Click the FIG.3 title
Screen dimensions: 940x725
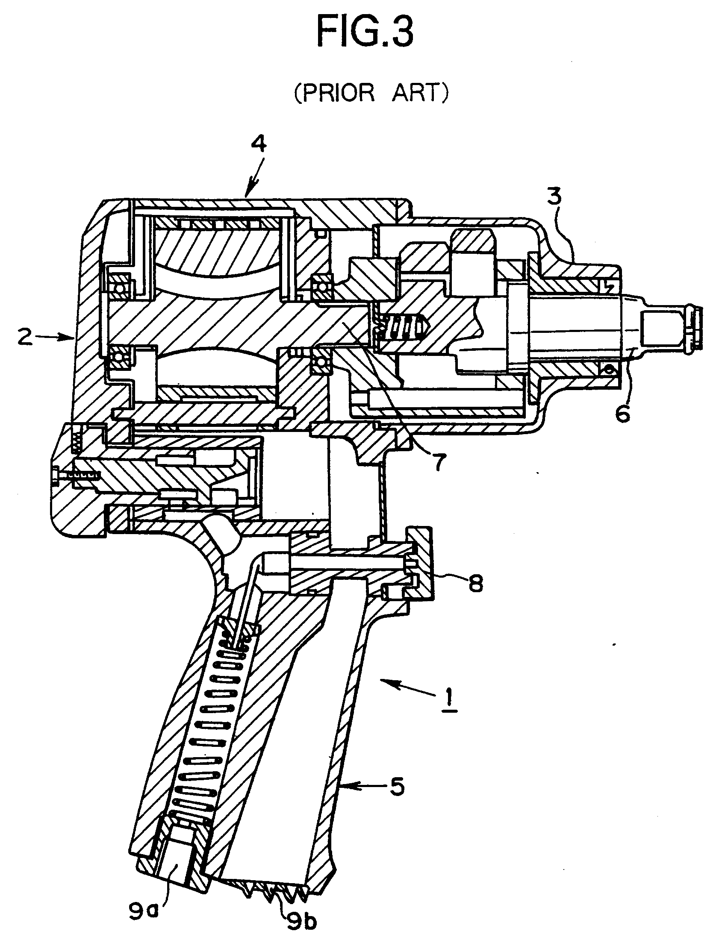point(365,33)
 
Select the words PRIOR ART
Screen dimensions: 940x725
point(371,93)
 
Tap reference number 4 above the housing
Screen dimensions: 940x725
point(259,144)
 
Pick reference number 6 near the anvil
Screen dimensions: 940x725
point(622,414)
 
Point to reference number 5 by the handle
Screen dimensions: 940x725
point(397,786)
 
